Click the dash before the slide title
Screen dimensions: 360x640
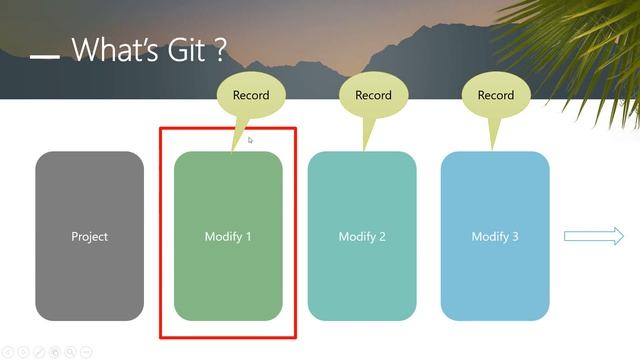(x=45, y=57)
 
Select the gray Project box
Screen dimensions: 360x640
(x=90, y=236)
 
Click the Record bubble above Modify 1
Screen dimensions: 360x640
(x=251, y=96)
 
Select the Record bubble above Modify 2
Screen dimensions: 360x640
(x=373, y=96)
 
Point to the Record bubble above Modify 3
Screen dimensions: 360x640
(x=495, y=96)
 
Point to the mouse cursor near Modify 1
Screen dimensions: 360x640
(x=250, y=140)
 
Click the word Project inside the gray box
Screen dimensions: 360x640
(x=90, y=237)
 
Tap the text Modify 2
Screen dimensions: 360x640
(x=362, y=237)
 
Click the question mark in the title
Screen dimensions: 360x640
(x=219, y=50)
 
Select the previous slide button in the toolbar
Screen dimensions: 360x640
(x=8, y=351)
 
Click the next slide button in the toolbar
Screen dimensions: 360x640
(x=23, y=351)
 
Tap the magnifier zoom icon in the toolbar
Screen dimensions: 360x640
(x=70, y=351)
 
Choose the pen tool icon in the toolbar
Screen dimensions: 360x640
(x=39, y=351)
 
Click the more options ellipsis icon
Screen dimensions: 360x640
(x=86, y=351)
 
